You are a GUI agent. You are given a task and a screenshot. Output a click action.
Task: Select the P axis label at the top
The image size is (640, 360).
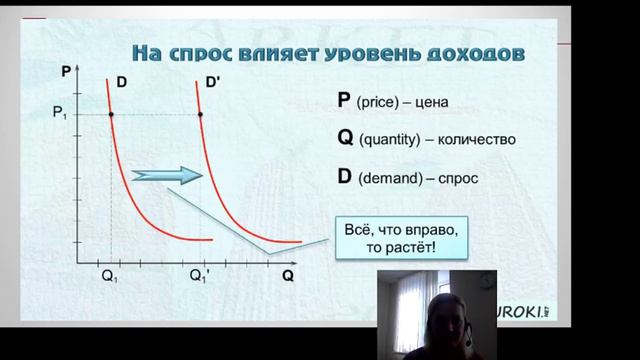pos(66,73)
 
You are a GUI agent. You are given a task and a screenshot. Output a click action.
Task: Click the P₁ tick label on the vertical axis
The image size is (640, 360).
pos(61,115)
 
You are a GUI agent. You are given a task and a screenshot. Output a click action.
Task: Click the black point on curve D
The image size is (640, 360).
pos(110,115)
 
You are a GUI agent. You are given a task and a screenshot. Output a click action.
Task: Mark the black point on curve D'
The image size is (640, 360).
pos(201,115)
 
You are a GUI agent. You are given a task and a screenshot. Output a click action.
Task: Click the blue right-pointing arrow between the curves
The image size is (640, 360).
pos(168,175)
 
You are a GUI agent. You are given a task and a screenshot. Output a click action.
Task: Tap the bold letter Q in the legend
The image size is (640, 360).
pos(346,138)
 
